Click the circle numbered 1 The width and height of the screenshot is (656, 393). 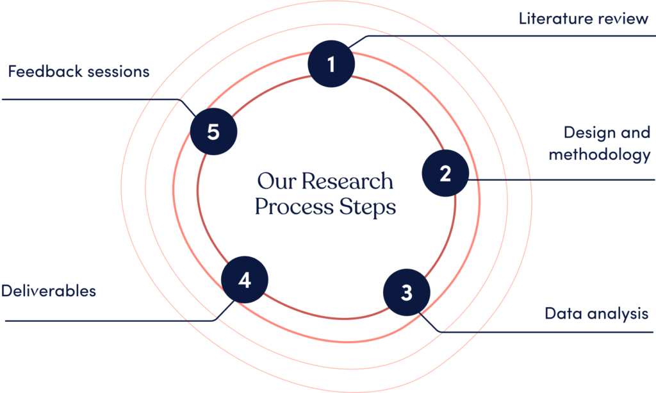click(331, 63)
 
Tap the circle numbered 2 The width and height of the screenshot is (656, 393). click(446, 173)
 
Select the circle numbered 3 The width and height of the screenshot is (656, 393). click(406, 293)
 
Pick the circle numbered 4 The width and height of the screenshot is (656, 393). click(244, 280)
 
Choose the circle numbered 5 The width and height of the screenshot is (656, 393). click(213, 133)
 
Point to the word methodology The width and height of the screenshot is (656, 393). click(599, 155)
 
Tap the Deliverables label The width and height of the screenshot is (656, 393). click(49, 291)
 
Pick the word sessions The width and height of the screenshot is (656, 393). click(120, 71)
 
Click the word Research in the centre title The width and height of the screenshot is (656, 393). click(347, 181)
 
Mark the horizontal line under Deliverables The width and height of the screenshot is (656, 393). click(109, 320)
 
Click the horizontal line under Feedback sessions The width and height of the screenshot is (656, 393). click(90, 99)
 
